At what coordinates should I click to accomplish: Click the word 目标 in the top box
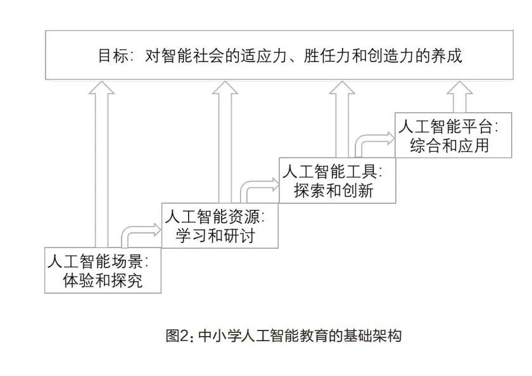[x=110, y=56]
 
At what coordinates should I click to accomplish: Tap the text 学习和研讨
[x=220, y=235]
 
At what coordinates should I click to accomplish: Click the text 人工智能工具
[x=332, y=172]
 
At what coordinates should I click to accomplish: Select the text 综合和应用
[x=450, y=145]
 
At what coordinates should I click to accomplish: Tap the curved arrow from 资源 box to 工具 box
[x=256, y=186]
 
